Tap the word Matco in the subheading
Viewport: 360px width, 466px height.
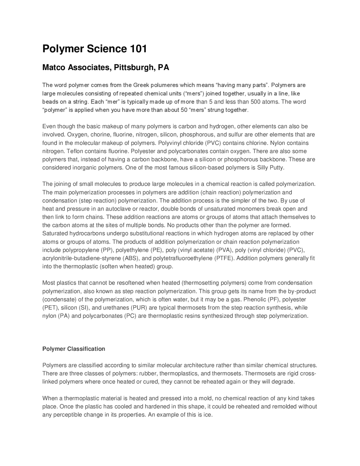54,68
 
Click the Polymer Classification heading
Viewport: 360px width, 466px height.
74,349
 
